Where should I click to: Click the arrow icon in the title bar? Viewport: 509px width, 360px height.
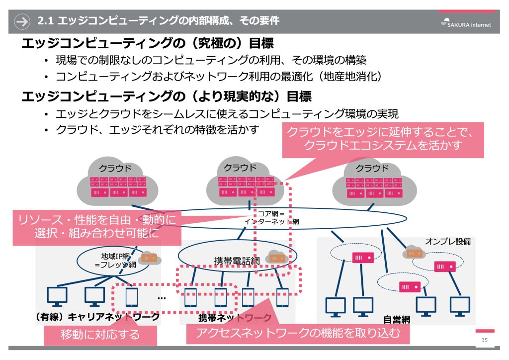point(22,21)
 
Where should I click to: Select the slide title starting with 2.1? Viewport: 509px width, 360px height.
point(159,21)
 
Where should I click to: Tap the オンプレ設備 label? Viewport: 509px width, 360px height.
point(447,242)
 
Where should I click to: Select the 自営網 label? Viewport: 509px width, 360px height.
point(396,319)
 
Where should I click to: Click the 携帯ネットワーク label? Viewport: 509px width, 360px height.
point(235,317)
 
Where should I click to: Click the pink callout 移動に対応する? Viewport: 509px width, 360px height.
point(100,334)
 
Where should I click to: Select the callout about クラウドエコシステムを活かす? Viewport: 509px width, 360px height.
point(383,139)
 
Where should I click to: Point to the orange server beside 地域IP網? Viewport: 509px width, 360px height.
point(149,258)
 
